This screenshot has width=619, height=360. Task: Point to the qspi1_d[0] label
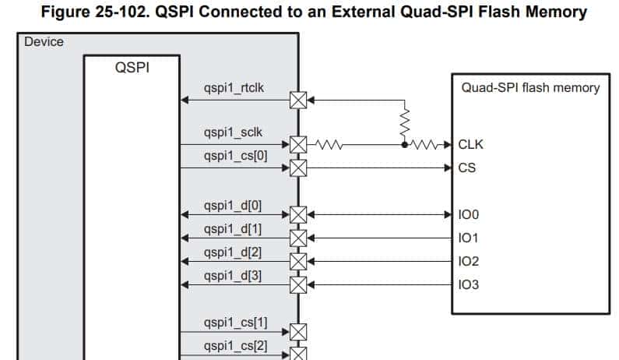click(233, 206)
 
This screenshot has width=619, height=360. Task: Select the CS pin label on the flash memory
click(467, 168)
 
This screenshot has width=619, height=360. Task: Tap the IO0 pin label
click(470, 214)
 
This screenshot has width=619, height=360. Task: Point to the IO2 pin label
click(470, 261)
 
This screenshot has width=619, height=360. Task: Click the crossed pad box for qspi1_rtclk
click(298, 100)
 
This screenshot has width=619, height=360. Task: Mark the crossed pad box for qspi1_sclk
click(298, 144)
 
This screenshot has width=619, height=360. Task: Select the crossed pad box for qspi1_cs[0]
click(298, 168)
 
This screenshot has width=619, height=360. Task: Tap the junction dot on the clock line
click(405, 144)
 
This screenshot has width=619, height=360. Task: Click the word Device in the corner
click(44, 41)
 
